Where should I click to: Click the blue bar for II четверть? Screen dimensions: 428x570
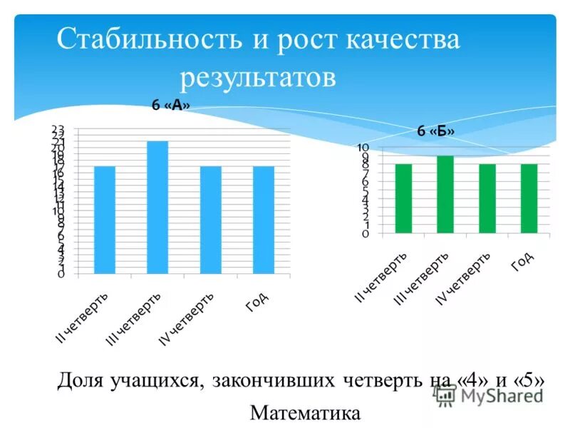point(104,220)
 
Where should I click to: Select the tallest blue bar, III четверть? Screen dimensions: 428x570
point(157,207)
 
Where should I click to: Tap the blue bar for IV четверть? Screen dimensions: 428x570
point(210,220)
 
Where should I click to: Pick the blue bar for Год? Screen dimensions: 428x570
point(264,220)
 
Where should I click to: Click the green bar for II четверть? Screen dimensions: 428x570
point(403,198)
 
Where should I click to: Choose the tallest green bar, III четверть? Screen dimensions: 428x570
point(445,194)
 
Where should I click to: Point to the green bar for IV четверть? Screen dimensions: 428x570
point(487,198)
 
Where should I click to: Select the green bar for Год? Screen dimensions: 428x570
point(529,198)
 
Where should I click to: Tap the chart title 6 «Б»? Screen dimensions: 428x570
point(435,131)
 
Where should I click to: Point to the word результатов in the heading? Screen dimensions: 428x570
point(257,77)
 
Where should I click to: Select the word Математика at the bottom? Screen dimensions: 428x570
point(306,413)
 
